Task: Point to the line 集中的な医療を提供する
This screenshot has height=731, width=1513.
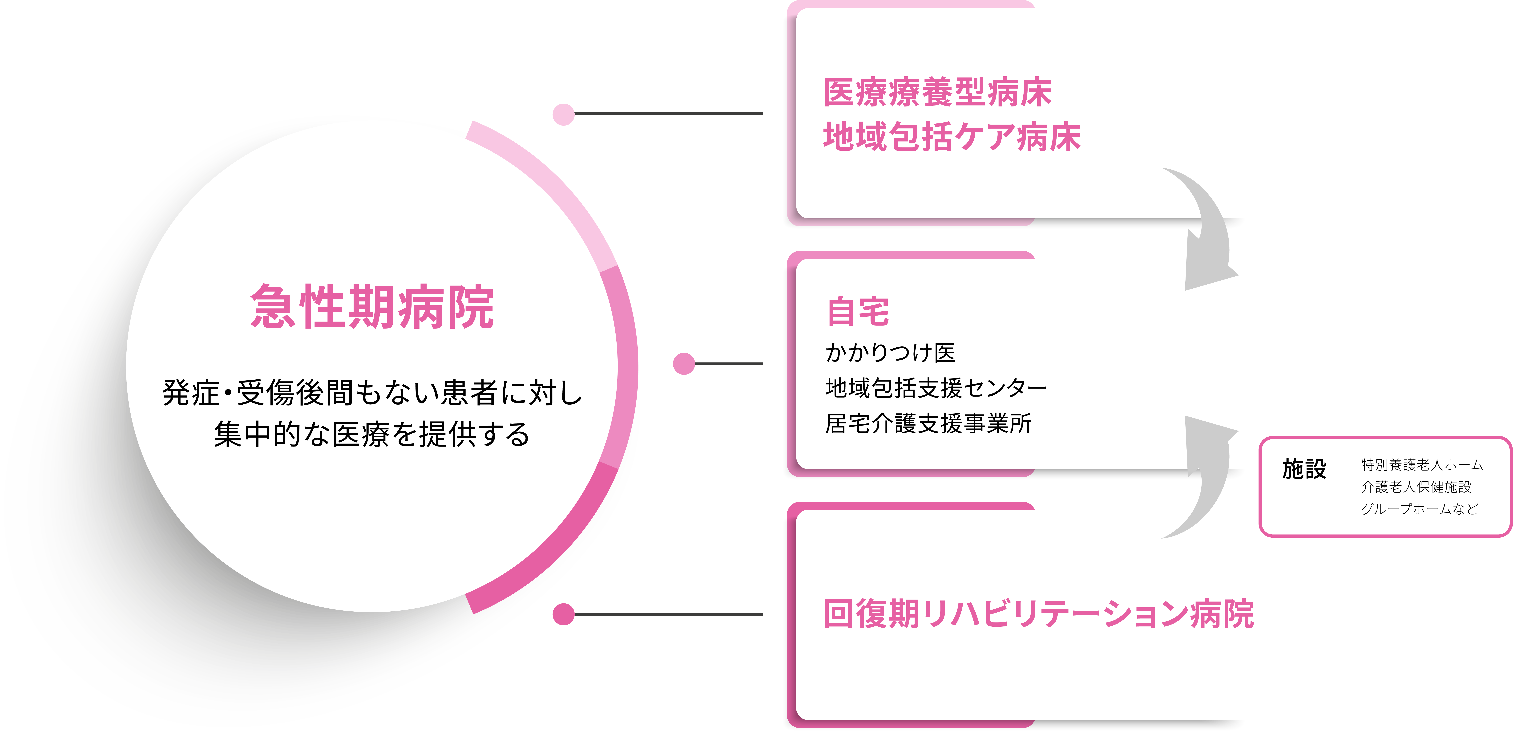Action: pos(372,434)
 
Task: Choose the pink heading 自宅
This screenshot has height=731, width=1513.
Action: pos(858,311)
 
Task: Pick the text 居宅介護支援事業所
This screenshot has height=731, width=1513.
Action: pos(928,423)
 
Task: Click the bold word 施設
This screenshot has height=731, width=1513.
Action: pos(1304,469)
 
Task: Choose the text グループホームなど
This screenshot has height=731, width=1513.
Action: pos(1420,509)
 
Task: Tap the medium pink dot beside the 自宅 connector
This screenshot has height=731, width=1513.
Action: pos(684,364)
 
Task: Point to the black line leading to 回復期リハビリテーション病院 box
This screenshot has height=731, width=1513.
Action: pos(668,614)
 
